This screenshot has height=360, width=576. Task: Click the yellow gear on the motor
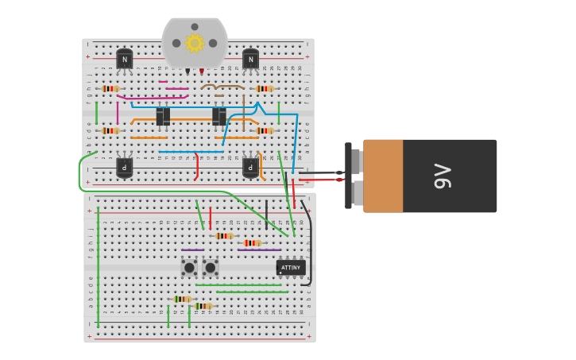195,43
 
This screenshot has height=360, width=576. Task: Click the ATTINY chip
291,268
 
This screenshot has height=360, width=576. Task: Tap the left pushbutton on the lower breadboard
189,268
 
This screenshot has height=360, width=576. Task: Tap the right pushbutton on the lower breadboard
211,268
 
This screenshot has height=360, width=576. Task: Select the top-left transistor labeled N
125,60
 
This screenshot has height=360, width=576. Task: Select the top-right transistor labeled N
250,60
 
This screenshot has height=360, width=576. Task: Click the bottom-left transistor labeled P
125,167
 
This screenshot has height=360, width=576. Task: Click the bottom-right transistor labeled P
251,167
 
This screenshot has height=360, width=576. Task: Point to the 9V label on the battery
442,176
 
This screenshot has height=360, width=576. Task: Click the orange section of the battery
383,176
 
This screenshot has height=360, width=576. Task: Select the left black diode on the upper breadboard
163,117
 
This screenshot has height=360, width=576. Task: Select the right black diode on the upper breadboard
218,117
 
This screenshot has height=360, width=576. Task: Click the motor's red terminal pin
202,72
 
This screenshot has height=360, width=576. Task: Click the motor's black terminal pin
187,72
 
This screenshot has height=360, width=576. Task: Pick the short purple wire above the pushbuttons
192,250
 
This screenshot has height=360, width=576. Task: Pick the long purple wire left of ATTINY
259,250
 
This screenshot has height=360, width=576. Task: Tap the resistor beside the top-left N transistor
110,88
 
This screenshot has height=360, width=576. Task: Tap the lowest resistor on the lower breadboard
203,306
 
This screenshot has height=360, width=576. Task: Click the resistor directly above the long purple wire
252,243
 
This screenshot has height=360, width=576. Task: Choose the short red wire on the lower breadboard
211,219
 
